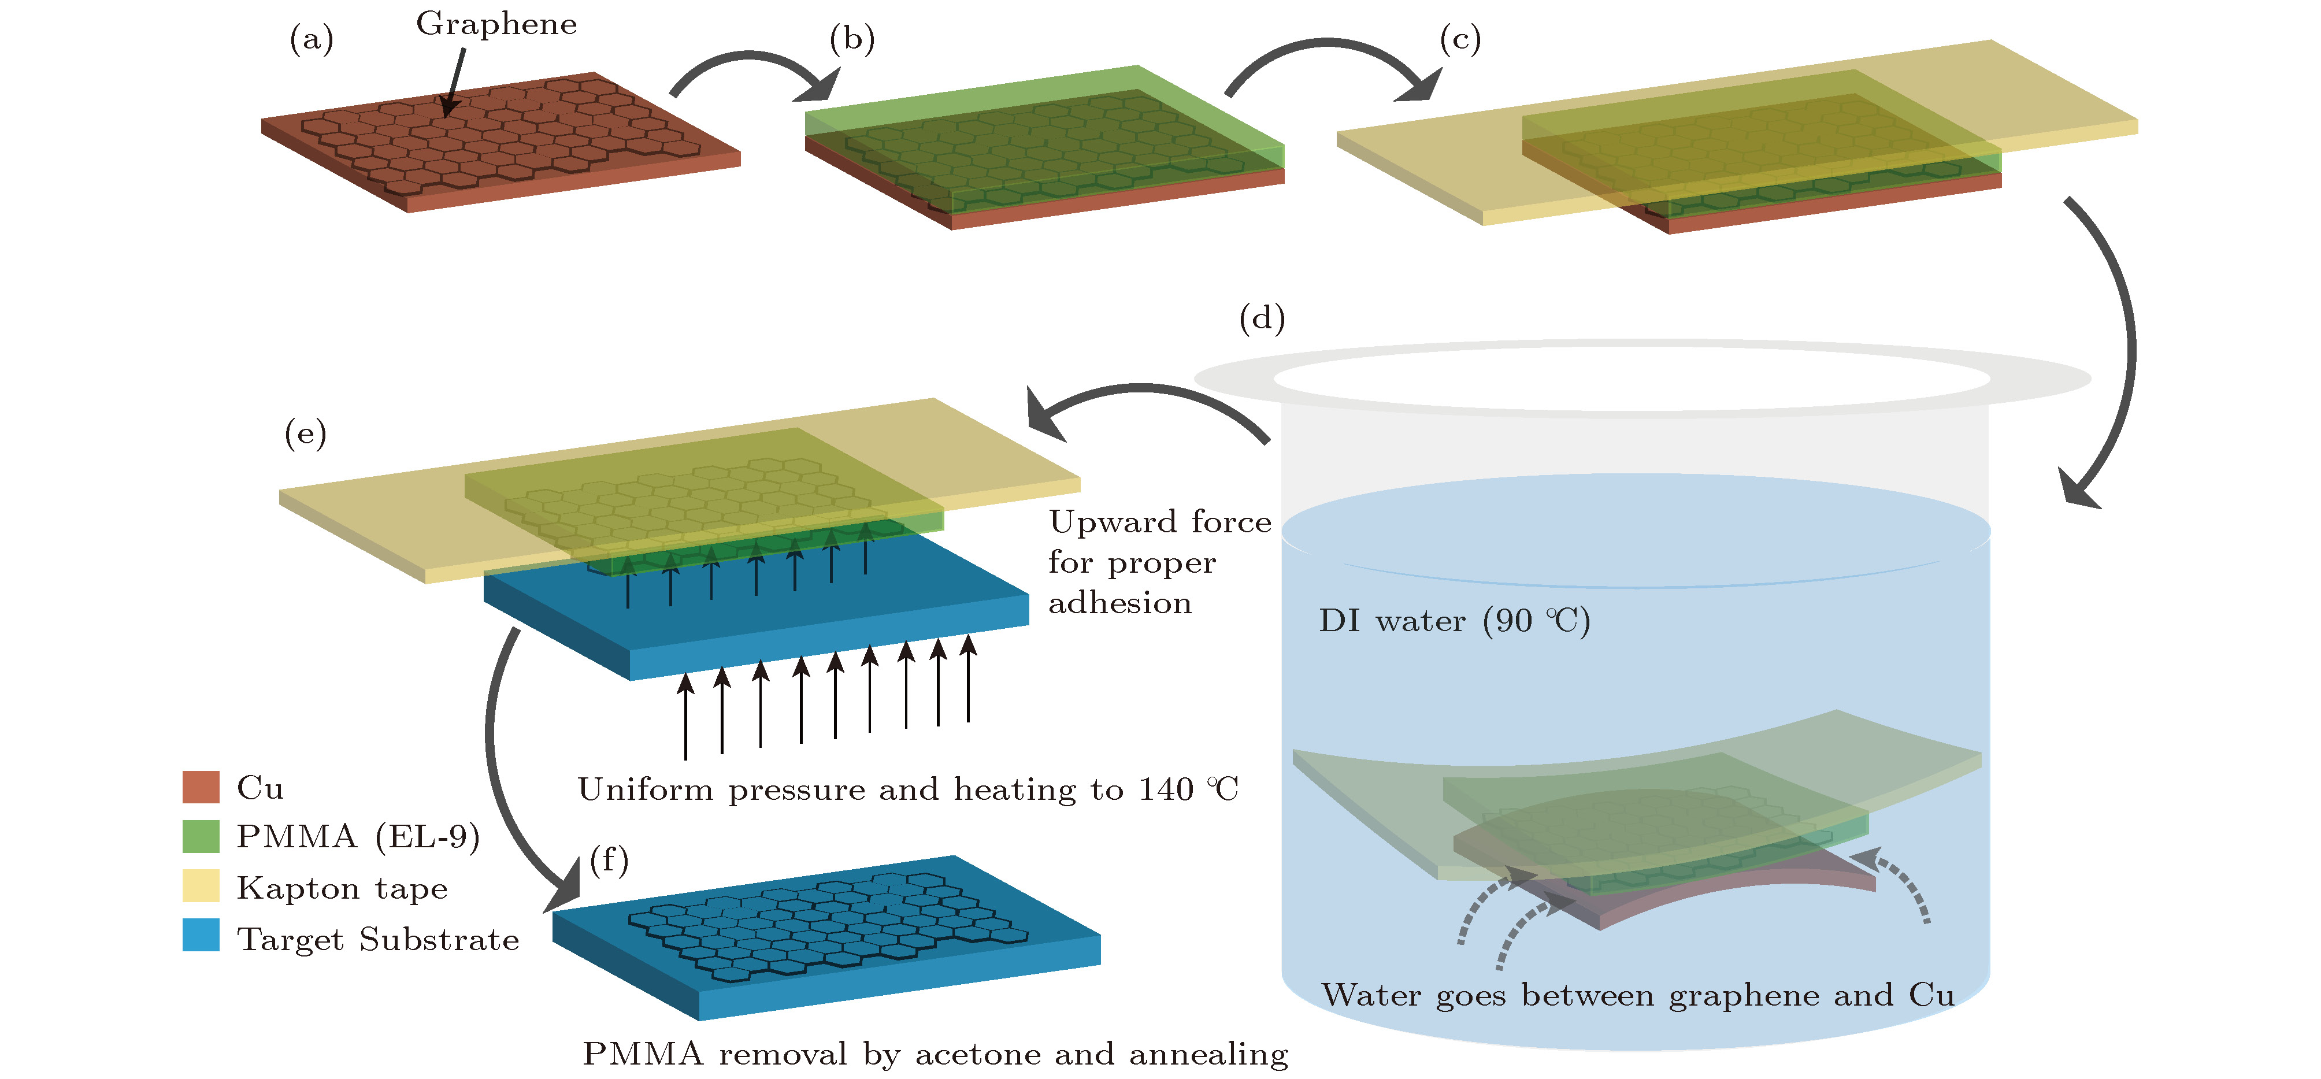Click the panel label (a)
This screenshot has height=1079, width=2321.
click(x=312, y=40)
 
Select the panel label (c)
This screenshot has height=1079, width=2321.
click(x=1460, y=40)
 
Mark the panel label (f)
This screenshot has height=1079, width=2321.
click(x=609, y=860)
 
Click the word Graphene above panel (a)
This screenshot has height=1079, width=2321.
click(x=496, y=24)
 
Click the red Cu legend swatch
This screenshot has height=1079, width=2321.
click(x=201, y=787)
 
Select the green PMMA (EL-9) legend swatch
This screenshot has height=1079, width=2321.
click(x=201, y=836)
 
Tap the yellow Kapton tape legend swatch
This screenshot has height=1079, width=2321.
click(x=201, y=885)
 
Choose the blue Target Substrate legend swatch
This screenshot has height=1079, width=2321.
click(x=201, y=935)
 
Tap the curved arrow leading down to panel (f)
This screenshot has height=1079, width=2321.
click(x=492, y=747)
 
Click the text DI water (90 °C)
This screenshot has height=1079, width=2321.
click(x=1454, y=621)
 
